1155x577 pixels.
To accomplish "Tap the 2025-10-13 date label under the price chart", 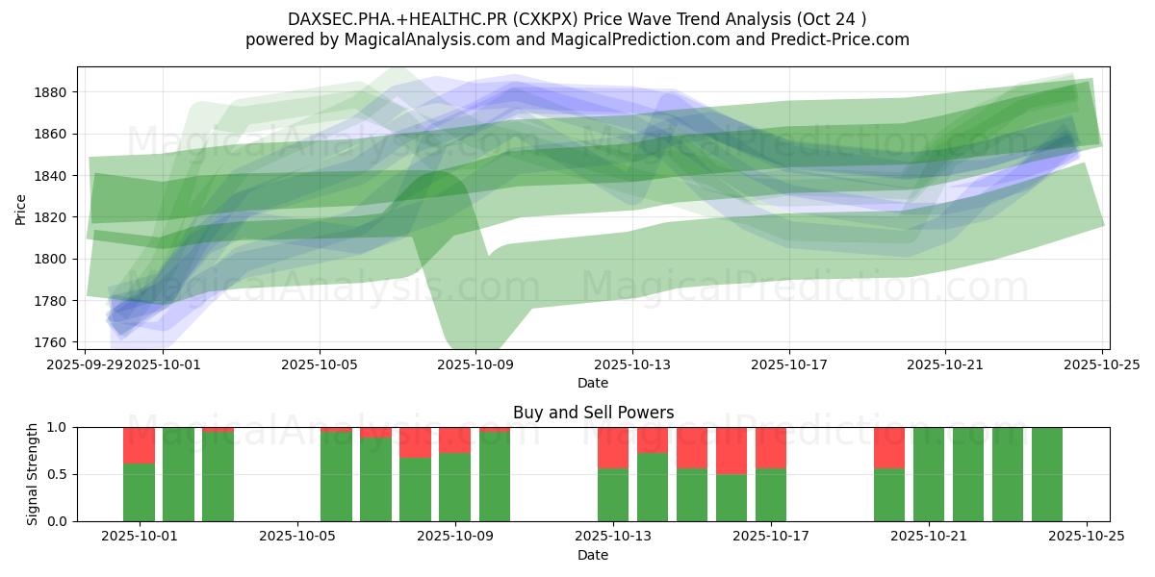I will click(x=632, y=364).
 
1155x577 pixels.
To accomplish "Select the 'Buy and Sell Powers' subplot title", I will click(x=593, y=413).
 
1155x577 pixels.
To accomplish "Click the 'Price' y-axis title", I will click(x=21, y=209).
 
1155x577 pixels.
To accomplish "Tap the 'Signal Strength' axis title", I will click(x=33, y=474).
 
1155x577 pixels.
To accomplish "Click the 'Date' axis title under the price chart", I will click(x=593, y=383).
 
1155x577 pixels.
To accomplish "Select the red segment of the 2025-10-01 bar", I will click(x=140, y=445).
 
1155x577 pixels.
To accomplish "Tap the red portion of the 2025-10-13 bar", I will click(x=613, y=447).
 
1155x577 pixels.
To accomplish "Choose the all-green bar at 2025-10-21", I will click(x=929, y=474).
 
